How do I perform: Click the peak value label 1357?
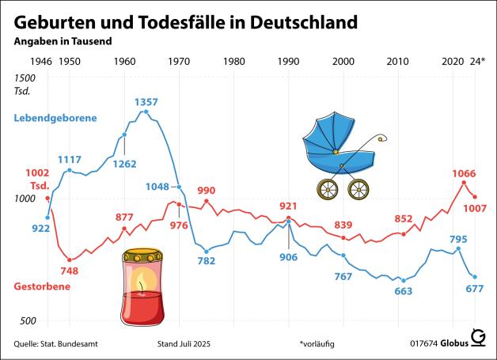click(146, 102)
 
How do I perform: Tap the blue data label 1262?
click(125, 165)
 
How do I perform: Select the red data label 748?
click(69, 271)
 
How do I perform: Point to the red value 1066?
click(464, 173)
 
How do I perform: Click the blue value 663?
click(403, 291)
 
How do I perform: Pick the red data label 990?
click(206, 191)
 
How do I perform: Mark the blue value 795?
click(457, 239)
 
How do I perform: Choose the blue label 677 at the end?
click(474, 288)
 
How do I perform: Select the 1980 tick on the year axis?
click(233, 61)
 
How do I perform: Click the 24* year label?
click(476, 61)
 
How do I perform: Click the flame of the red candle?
click(142, 282)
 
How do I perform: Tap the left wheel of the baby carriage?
click(327, 189)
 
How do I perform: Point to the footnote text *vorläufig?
click(318, 344)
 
